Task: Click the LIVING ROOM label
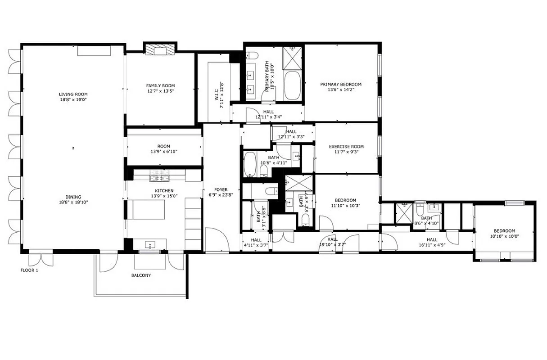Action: click(72, 94)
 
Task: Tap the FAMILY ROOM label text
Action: click(160, 85)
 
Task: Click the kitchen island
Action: click(148, 209)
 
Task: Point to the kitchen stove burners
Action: click(159, 175)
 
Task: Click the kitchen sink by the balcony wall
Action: click(150, 245)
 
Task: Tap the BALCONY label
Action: click(141, 275)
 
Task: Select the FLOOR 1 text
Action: click(32, 270)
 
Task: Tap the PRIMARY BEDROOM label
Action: click(341, 84)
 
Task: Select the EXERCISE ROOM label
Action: click(346, 147)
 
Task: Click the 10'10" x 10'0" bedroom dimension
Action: click(505, 236)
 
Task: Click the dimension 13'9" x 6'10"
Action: click(164, 152)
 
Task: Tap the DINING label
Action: click(73, 197)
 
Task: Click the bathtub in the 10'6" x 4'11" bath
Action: click(249, 164)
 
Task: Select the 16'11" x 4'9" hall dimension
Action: click(432, 245)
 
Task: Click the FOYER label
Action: click(221, 190)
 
